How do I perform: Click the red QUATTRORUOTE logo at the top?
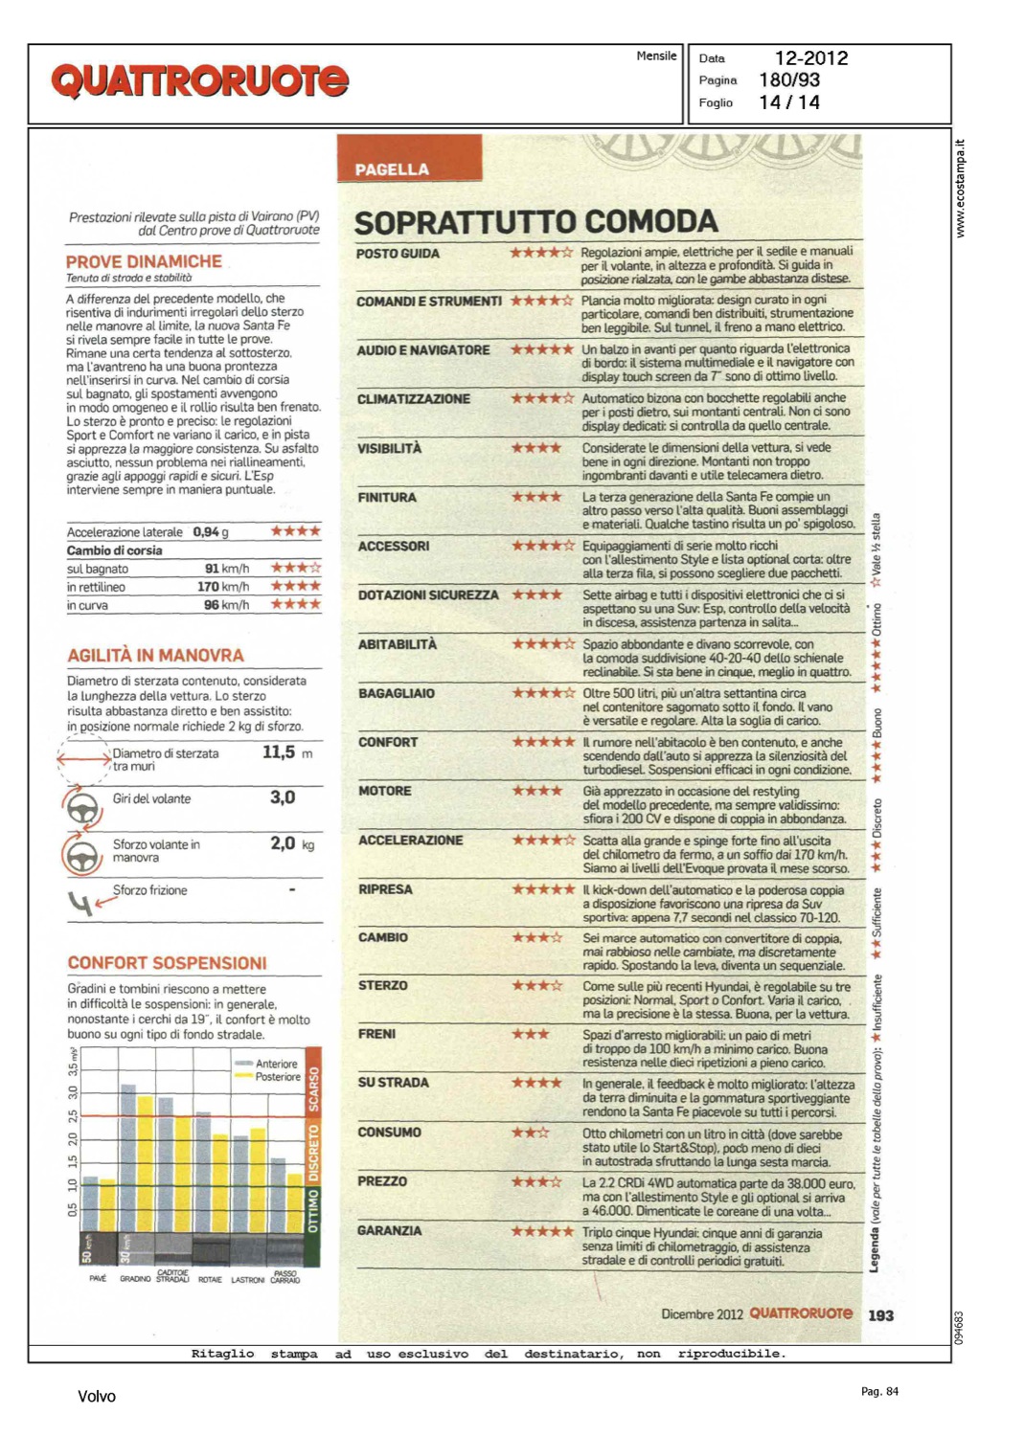click(x=199, y=80)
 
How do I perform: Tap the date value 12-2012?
click(x=810, y=58)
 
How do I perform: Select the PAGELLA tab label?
click(x=392, y=169)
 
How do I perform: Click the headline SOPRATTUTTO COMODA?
click(x=535, y=222)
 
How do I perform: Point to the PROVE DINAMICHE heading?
click(x=144, y=261)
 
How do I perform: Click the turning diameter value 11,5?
click(x=279, y=752)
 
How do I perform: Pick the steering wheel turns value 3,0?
click(x=283, y=797)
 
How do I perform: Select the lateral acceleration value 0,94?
click(x=206, y=531)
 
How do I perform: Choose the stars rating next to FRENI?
click(x=530, y=1034)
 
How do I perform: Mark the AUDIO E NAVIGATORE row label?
click(x=422, y=350)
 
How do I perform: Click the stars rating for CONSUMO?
click(x=530, y=1133)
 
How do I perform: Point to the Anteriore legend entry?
click(x=276, y=1064)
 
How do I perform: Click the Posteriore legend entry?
click(x=278, y=1077)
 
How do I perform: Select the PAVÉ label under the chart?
click(x=98, y=1279)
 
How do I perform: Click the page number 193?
click(x=880, y=1315)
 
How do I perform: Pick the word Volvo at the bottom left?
click(x=97, y=1396)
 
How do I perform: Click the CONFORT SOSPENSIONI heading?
click(x=167, y=963)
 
